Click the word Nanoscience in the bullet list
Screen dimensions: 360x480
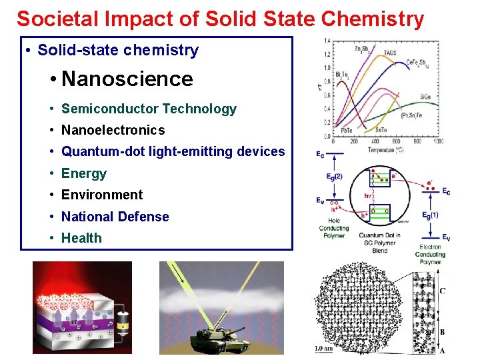click(127, 79)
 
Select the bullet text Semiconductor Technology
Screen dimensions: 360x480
click(149, 109)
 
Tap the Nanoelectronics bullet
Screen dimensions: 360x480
click(113, 130)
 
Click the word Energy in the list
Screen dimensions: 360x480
click(84, 173)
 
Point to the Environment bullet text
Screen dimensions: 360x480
click(102, 195)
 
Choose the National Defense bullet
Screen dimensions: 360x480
click(115, 217)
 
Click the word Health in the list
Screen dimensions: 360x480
click(81, 238)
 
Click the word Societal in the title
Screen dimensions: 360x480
click(57, 19)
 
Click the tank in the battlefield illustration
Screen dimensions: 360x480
click(211, 339)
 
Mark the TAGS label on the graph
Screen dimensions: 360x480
click(390, 53)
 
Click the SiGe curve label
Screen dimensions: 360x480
click(425, 97)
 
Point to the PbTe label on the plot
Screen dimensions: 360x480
click(347, 131)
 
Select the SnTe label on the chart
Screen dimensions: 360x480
click(382, 131)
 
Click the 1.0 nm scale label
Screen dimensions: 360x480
click(325, 348)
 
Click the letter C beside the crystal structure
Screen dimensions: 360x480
click(443, 291)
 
